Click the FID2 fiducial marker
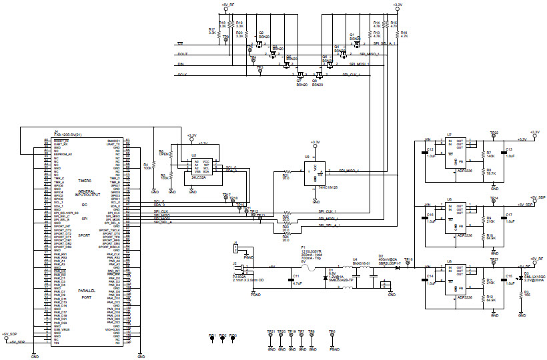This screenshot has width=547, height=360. [x=223, y=337]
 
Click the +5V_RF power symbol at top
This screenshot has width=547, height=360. [x=227, y=5]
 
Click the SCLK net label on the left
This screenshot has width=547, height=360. [x=181, y=76]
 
